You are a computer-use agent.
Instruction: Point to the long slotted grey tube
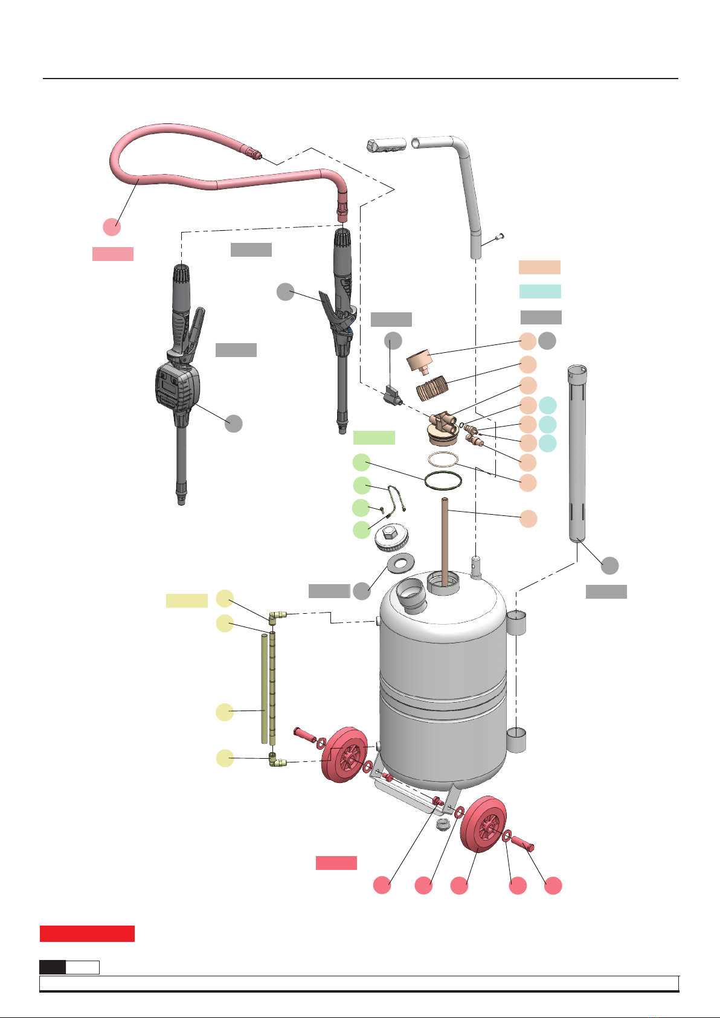click(x=577, y=453)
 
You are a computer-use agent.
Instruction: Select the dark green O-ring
click(x=443, y=481)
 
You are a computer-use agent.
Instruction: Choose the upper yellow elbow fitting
click(x=277, y=616)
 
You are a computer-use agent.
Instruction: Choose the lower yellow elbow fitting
click(x=277, y=762)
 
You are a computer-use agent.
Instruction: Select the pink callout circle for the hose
click(x=111, y=227)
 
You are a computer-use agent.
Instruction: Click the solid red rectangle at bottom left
click(x=87, y=933)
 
